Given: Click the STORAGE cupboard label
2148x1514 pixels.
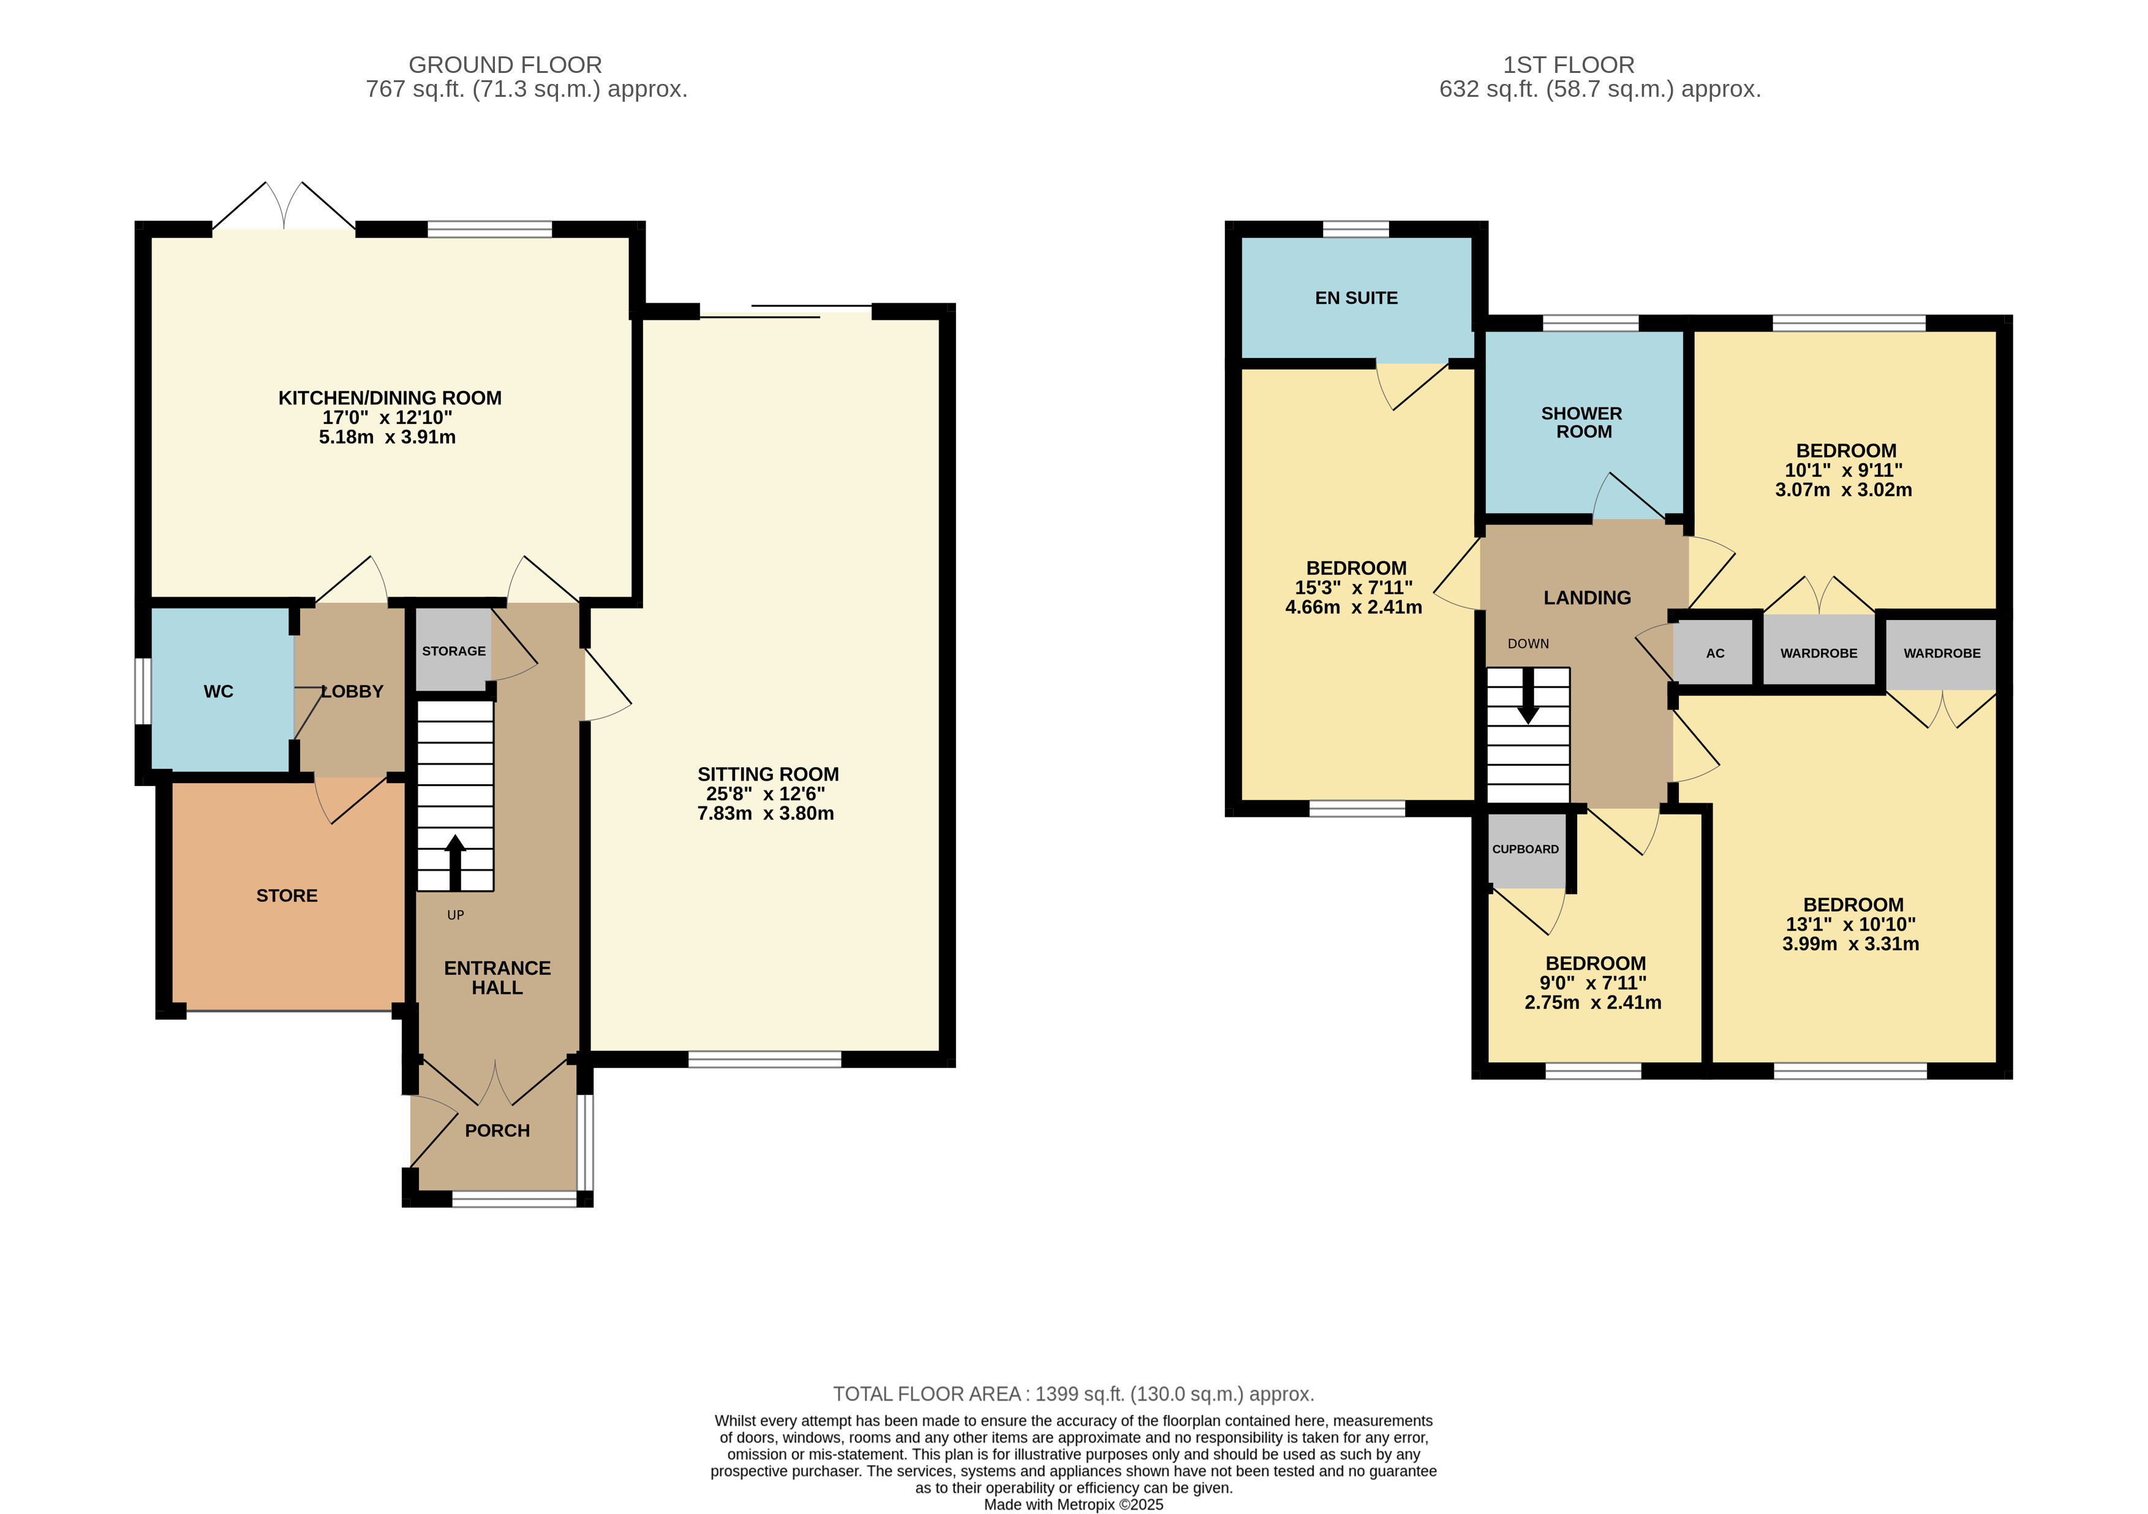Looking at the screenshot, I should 454,651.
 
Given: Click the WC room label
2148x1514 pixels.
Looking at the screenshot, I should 218,692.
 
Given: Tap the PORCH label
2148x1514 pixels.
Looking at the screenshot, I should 497,1130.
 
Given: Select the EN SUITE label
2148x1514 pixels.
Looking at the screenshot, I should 1355,298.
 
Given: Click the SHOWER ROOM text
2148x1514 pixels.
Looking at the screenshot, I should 1582,422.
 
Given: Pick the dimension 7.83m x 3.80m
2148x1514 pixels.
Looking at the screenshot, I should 765,813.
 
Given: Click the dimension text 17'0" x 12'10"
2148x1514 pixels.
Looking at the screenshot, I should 387,417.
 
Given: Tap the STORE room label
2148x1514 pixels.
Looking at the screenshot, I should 286,896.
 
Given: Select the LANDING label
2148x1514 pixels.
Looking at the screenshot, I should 1587,597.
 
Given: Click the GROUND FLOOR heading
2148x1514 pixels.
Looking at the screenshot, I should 505,64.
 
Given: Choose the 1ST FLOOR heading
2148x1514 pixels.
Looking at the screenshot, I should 1568,64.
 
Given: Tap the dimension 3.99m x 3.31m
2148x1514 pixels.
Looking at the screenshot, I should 1850,943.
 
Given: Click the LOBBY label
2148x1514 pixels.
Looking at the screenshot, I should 352,692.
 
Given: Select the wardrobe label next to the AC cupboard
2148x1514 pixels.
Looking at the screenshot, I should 1818,653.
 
